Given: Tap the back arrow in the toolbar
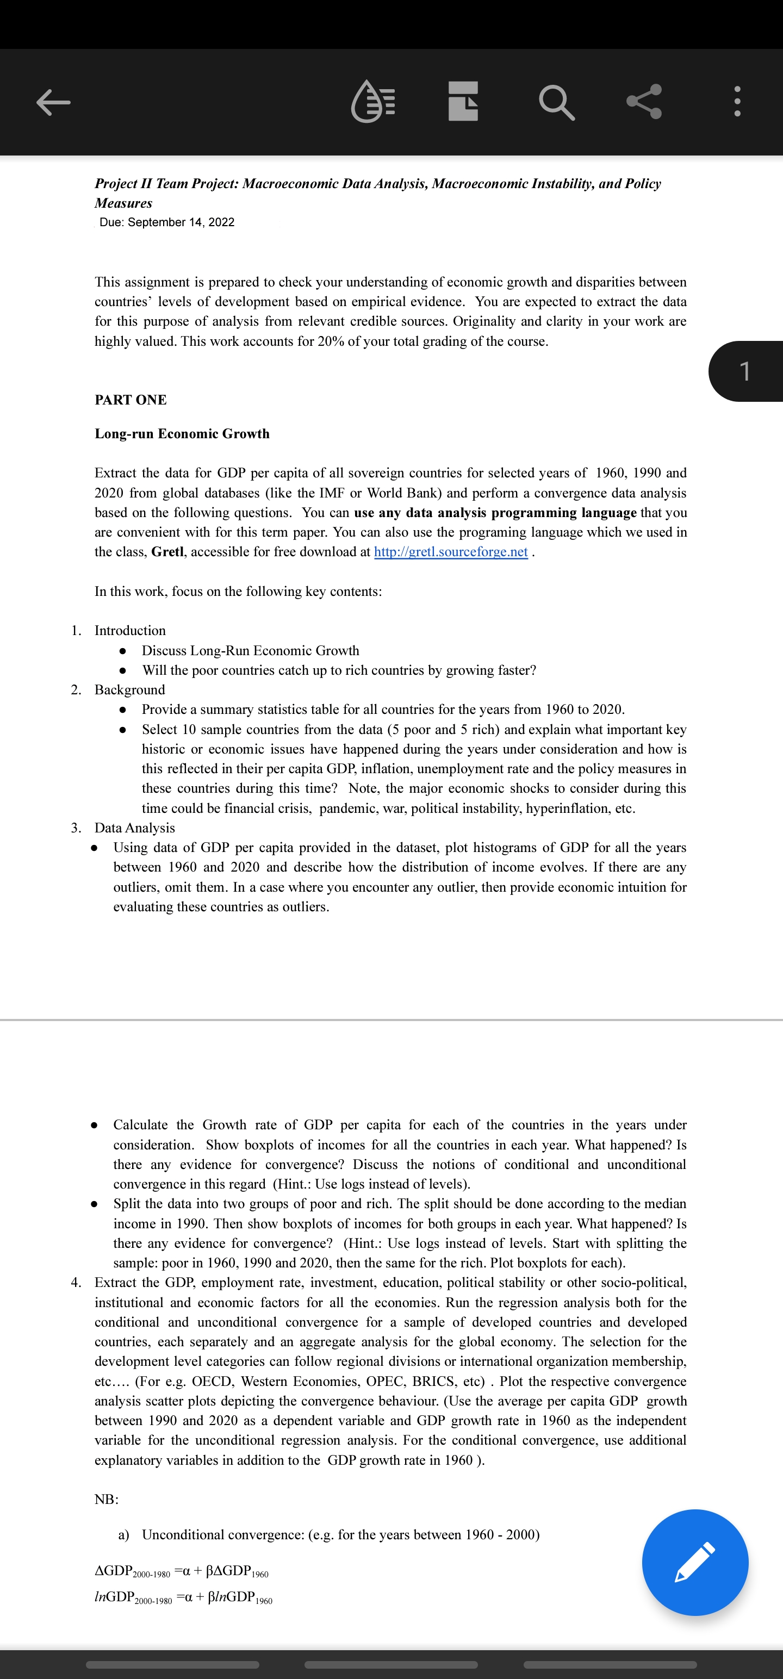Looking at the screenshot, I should [53, 102].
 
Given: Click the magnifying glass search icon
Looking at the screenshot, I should [557, 102].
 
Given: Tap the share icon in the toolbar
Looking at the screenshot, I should [644, 102].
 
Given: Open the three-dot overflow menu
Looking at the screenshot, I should [737, 102].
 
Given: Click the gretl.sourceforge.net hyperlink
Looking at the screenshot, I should [451, 552].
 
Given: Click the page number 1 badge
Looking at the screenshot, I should [745, 371].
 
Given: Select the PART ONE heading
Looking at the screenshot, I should [130, 400].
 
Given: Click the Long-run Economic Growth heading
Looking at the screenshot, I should [182, 433].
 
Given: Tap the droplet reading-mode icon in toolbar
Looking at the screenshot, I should [373, 102].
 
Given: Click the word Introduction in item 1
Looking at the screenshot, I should [130, 630].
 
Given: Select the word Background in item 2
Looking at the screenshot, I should [130, 689].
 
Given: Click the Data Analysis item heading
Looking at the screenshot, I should [134, 828].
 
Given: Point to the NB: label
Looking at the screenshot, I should [106, 1499].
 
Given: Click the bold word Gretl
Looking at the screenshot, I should [167, 552].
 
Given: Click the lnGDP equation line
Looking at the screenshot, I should [183, 1597].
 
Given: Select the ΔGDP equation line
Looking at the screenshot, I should [181, 1571].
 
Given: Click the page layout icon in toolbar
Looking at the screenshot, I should [463, 102].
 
